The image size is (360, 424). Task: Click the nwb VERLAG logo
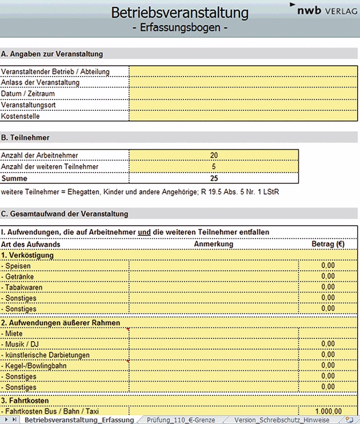[x=324, y=10]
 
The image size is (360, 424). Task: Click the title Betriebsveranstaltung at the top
[x=180, y=12]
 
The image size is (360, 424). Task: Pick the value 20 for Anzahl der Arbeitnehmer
[x=214, y=155]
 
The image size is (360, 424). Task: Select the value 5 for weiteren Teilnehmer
[x=214, y=166]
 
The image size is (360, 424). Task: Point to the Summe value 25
[x=214, y=178]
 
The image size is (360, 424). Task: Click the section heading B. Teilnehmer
[x=25, y=138]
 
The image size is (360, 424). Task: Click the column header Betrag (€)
[x=327, y=244]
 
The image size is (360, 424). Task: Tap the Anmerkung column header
[x=214, y=244]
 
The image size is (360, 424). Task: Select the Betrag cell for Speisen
[x=327, y=266]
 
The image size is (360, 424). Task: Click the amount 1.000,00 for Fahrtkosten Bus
[x=327, y=411]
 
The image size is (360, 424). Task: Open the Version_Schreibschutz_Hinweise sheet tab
[x=281, y=420]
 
